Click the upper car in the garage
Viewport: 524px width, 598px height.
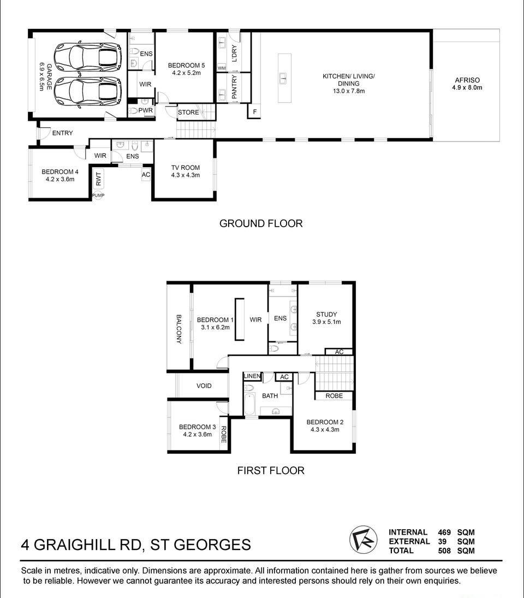(88, 57)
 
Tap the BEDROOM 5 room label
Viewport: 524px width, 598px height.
(186, 66)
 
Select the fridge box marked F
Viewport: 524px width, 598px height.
(254, 112)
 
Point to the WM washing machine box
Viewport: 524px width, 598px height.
(222, 68)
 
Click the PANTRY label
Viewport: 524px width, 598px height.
(234, 87)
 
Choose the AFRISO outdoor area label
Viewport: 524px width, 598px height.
(467, 80)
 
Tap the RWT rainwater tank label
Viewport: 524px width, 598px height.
(99, 179)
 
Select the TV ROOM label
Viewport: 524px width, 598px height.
(185, 168)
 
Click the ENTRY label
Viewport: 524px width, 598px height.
(63, 133)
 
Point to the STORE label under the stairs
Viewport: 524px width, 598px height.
(188, 112)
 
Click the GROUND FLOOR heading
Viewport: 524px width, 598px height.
(261, 223)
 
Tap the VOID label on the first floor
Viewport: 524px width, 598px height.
(204, 386)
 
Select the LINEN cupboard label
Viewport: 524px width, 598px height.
(252, 376)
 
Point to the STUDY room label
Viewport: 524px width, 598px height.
(326, 314)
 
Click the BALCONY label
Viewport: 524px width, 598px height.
(178, 329)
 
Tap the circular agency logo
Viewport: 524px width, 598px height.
(363, 540)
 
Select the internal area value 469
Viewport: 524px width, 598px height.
(444, 532)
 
